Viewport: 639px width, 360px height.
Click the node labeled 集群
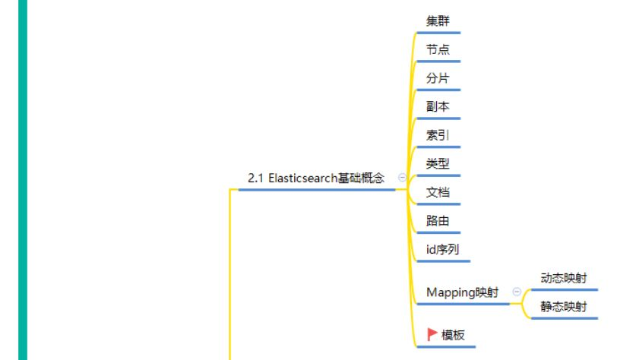tap(438, 21)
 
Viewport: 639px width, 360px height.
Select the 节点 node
tap(438, 49)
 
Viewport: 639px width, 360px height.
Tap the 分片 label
tap(438, 78)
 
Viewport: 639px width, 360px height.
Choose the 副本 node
tap(438, 106)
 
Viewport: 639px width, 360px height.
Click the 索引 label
tap(438, 135)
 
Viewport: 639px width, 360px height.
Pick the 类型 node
tap(438, 163)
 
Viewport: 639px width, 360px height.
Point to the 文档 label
tap(438, 192)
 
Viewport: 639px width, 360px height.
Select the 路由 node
tap(438, 221)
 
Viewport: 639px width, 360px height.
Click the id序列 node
tap(442, 249)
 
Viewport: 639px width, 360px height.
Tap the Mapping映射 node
tap(463, 292)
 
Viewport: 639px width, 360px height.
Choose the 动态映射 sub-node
tap(564, 278)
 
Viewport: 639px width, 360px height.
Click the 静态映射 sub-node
tap(564, 307)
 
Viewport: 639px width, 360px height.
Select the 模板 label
tap(453, 335)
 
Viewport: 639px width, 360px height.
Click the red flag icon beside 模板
tap(432, 334)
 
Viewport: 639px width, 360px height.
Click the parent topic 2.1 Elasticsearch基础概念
tap(316, 178)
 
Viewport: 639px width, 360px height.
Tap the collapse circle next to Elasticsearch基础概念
tap(402, 178)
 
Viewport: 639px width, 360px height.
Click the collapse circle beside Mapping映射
tap(517, 292)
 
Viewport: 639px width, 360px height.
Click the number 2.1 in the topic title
tap(255, 178)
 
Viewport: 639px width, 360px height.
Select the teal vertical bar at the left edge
tap(22, 180)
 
